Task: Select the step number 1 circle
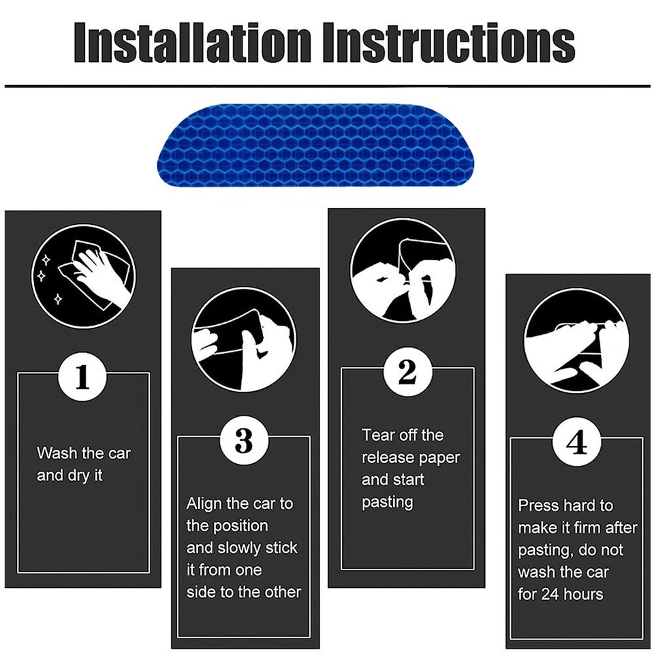82,377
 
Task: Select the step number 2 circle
407,371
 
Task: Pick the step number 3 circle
243,441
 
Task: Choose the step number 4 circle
576,443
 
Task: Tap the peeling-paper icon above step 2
402,270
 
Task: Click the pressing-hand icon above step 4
576,340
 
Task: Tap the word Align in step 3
204,504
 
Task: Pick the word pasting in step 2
387,502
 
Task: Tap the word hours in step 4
585,594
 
